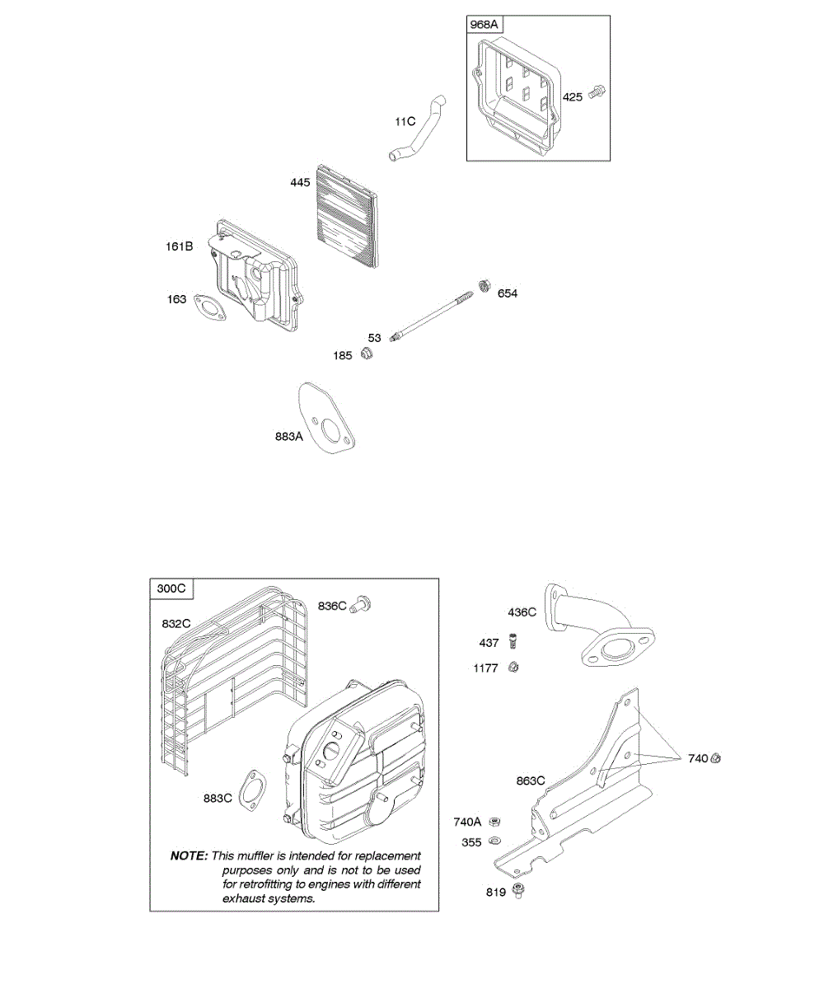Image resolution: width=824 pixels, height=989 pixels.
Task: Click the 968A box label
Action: click(x=485, y=25)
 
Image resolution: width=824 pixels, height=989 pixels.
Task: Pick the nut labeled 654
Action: click(x=485, y=286)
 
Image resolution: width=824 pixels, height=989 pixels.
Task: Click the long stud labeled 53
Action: click(x=433, y=318)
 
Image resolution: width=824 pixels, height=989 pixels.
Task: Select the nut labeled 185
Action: click(x=368, y=354)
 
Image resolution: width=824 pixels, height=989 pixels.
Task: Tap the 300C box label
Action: click(x=171, y=588)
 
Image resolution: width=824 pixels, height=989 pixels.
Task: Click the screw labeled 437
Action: click(x=512, y=640)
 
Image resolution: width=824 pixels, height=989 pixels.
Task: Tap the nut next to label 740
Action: click(x=716, y=757)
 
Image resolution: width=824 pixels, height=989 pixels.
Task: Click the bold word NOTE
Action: click(x=189, y=855)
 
